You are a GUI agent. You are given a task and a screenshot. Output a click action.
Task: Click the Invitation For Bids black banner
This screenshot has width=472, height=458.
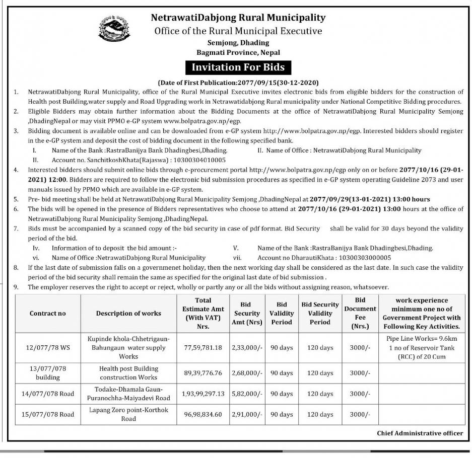(x=238, y=67)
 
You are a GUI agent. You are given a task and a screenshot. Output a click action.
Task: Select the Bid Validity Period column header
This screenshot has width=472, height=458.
(x=282, y=313)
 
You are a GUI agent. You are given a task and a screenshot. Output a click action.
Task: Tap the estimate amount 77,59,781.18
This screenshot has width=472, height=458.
(x=204, y=347)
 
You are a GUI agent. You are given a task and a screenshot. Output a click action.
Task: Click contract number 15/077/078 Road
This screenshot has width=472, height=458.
(x=48, y=414)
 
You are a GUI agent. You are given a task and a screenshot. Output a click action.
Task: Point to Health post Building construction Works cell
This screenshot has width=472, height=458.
(x=129, y=373)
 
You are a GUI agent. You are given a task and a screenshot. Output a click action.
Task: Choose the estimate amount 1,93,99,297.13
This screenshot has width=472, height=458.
(x=204, y=393)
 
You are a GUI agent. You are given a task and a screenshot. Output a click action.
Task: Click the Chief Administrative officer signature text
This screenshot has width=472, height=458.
(x=420, y=433)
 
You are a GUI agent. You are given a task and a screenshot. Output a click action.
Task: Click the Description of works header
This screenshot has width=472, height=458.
(x=128, y=313)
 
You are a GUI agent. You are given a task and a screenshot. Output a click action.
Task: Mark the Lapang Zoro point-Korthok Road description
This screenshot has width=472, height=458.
(x=128, y=414)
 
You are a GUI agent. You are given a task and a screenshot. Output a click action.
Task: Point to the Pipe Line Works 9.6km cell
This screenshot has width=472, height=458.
(x=421, y=347)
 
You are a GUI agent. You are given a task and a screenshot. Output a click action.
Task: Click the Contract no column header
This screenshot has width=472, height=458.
(x=48, y=313)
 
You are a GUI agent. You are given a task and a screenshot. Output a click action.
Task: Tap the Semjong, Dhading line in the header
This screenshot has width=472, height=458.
(x=238, y=43)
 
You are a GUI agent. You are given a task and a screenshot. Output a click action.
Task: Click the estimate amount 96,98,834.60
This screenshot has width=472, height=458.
(x=204, y=414)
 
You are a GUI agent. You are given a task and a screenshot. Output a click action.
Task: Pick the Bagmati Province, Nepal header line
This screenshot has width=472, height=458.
(x=238, y=52)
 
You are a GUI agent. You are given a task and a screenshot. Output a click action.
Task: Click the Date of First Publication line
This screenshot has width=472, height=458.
(x=238, y=82)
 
